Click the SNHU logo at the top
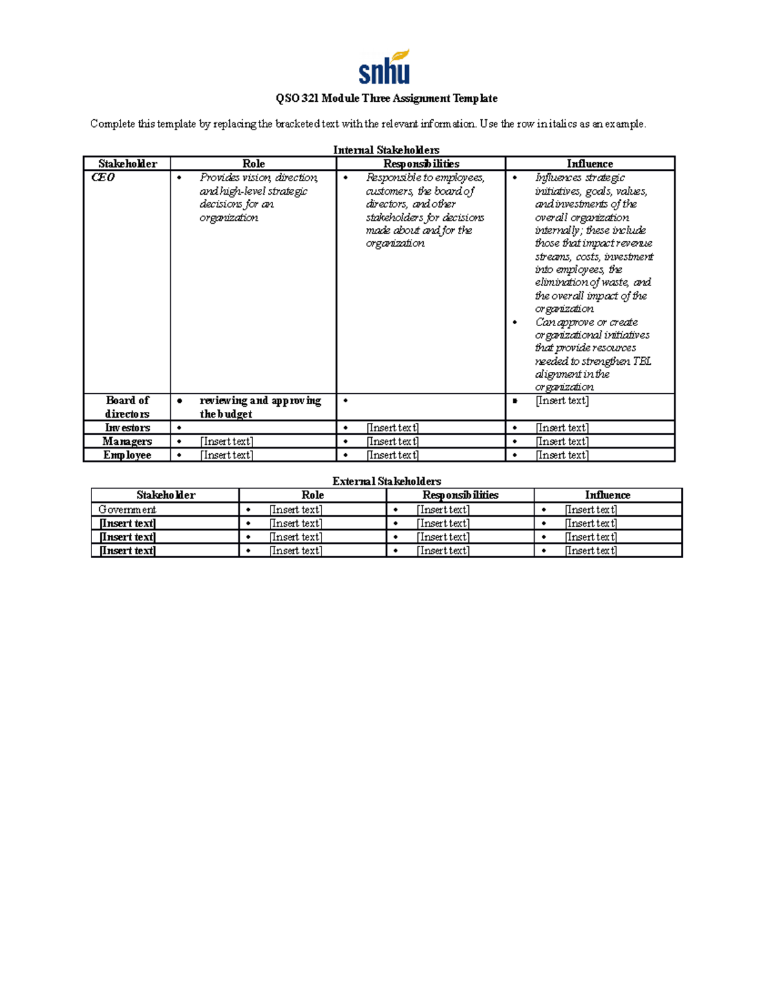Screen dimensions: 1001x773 pyautogui.click(x=385, y=68)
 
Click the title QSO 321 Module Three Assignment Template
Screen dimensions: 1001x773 pyautogui.click(x=386, y=99)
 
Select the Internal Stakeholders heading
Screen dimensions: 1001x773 pyautogui.click(x=386, y=150)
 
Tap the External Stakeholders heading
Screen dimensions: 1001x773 pyautogui.click(x=386, y=481)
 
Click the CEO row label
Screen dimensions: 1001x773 pyautogui.click(x=103, y=177)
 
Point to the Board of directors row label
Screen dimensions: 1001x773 pyautogui.click(x=127, y=407)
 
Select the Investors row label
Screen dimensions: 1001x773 pyautogui.click(x=127, y=428)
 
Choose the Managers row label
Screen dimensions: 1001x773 pyautogui.click(x=127, y=442)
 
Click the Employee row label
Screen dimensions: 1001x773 pyautogui.click(x=127, y=455)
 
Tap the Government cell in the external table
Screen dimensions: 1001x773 pyautogui.click(x=127, y=510)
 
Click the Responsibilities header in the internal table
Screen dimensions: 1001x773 pyautogui.click(x=421, y=164)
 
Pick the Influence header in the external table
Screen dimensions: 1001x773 pyautogui.click(x=607, y=495)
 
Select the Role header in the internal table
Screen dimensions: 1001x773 pyautogui.click(x=253, y=164)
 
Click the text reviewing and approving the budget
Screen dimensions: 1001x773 pyautogui.click(x=260, y=407)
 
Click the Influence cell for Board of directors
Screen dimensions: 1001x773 pyautogui.click(x=562, y=401)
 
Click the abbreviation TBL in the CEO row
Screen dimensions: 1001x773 pyautogui.click(x=642, y=361)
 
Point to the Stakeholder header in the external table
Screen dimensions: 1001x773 pyautogui.click(x=166, y=495)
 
